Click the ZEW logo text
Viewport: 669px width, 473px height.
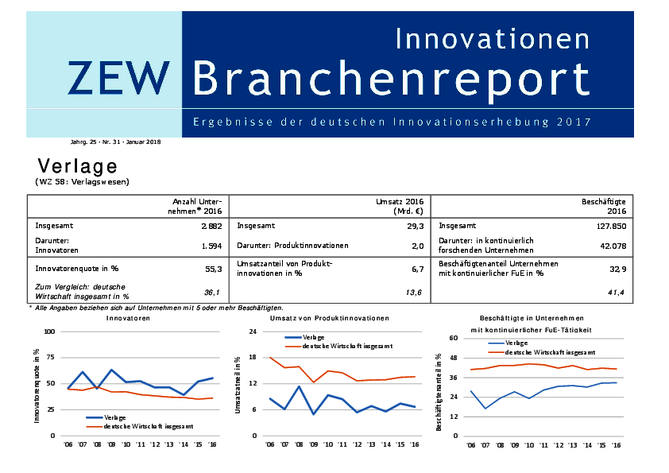point(118,77)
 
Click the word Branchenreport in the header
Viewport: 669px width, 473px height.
point(391,78)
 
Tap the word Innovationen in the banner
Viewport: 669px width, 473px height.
point(492,38)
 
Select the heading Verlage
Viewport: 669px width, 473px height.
point(77,165)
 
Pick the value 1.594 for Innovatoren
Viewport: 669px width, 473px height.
point(211,246)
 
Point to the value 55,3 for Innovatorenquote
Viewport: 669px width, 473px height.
point(213,269)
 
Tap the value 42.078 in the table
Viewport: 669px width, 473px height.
point(611,246)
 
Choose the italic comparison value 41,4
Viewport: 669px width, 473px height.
point(617,293)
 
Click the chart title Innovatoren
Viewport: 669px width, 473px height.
point(127,318)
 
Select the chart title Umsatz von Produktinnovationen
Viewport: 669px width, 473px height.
point(329,318)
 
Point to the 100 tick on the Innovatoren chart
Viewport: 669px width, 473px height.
point(48,331)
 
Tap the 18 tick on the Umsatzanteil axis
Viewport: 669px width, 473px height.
point(253,358)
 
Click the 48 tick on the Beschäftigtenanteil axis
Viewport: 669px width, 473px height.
point(454,358)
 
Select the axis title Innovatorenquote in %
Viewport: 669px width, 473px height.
point(37,384)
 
